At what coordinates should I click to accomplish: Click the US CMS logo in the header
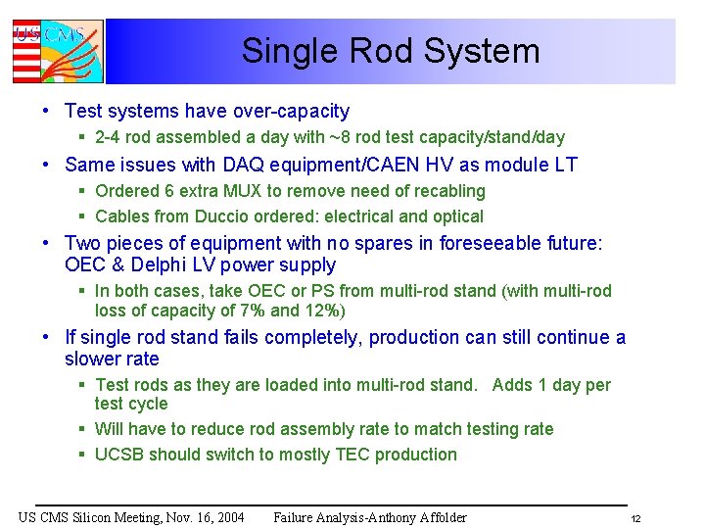pyautogui.click(x=57, y=51)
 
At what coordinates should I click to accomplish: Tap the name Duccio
pyautogui.click(x=230, y=216)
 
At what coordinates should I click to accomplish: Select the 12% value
pyautogui.click(x=325, y=311)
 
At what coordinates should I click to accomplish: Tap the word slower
pyautogui.click(x=94, y=359)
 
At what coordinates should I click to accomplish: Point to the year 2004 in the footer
pyautogui.click(x=226, y=517)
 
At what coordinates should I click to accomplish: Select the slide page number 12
pyautogui.click(x=635, y=518)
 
